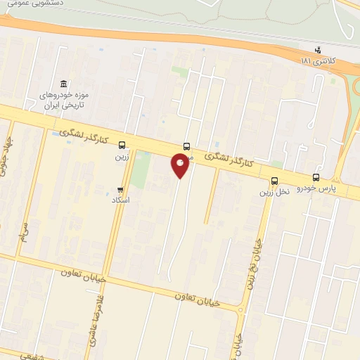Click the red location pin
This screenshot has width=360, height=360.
pos(180,165)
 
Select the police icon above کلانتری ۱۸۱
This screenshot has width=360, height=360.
pos(319,51)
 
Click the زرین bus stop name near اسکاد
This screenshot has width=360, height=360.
pos(122,157)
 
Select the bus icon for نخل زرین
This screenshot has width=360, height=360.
pos(274,181)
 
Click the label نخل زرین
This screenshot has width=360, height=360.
pos(274,192)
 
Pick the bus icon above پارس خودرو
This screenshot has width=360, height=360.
pos(315,178)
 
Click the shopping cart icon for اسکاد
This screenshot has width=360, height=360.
pos(121,190)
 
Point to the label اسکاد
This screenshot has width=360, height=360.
pos(121,200)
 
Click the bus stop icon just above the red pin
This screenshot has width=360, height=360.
pos(186,146)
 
